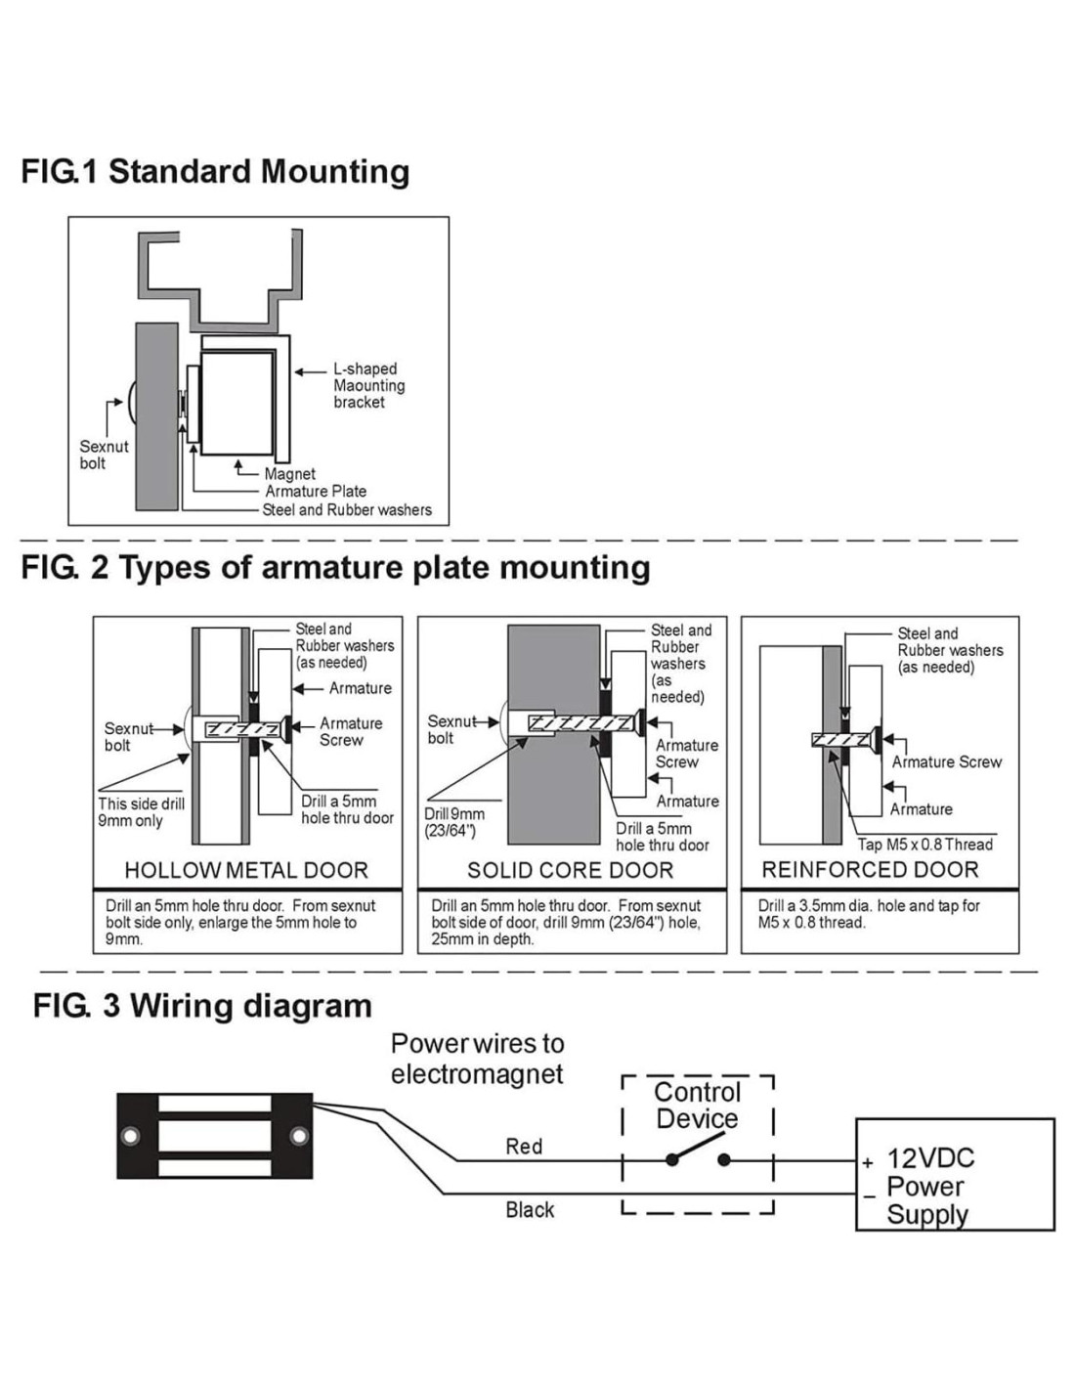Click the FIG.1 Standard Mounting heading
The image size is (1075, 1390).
click(215, 171)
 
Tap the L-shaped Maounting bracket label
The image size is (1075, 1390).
click(368, 385)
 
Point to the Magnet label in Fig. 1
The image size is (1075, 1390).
click(290, 474)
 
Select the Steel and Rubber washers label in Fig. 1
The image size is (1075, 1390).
click(347, 509)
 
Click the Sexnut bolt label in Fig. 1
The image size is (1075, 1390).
click(104, 455)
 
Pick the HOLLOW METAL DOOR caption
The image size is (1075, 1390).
click(246, 870)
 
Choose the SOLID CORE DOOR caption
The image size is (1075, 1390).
click(571, 870)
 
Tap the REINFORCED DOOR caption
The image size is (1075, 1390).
click(870, 870)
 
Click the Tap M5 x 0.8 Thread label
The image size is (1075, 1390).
click(924, 845)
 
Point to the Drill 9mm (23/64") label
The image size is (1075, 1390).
click(453, 822)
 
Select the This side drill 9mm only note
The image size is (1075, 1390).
click(141, 812)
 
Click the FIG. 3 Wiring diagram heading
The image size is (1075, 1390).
click(202, 1006)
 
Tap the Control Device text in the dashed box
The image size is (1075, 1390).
click(698, 1106)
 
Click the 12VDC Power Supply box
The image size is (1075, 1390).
click(955, 1174)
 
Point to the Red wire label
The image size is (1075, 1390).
click(524, 1146)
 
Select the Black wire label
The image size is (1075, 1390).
click(530, 1210)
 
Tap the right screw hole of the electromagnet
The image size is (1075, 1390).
click(300, 1136)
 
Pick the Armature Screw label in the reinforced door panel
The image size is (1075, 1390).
click(946, 761)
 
